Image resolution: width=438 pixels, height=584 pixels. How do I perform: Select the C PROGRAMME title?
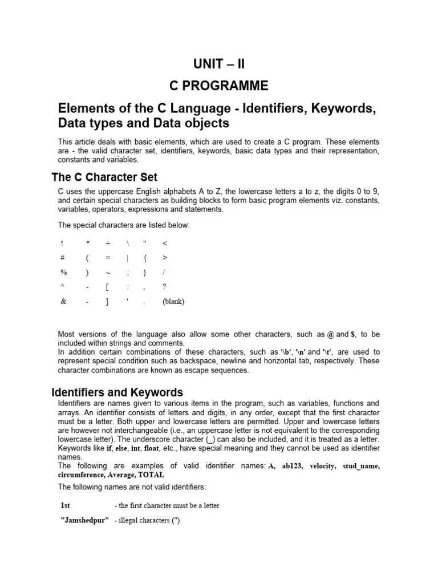(219, 86)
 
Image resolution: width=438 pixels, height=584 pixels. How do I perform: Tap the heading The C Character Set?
(104, 177)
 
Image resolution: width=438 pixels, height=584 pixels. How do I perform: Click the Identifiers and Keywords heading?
(117, 392)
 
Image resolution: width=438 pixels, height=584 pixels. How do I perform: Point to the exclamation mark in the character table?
(62, 243)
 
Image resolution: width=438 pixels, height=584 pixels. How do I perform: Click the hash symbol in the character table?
(62, 257)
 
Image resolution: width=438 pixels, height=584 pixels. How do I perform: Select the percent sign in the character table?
(63, 272)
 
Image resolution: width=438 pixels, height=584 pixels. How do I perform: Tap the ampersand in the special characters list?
(63, 301)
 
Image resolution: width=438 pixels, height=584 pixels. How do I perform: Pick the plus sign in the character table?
(107, 243)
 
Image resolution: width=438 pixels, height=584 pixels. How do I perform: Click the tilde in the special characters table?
(107, 273)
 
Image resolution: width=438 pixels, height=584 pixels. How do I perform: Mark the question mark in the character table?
(164, 286)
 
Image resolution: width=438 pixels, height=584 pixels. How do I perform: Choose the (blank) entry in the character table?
(173, 301)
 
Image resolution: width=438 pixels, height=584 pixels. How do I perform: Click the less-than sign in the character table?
(165, 243)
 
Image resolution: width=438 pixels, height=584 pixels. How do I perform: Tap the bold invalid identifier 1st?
(66, 505)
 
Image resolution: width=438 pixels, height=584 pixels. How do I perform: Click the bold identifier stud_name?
(360, 466)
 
